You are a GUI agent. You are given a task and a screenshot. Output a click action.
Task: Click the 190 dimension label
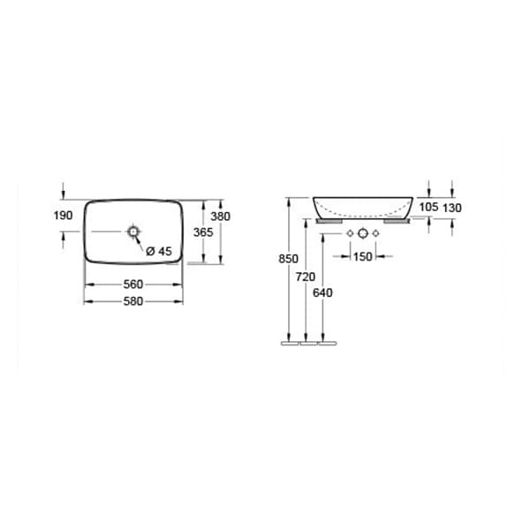click(64, 216)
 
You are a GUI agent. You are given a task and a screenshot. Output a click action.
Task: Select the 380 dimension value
click(220, 216)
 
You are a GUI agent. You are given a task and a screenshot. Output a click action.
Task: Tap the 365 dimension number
click(203, 232)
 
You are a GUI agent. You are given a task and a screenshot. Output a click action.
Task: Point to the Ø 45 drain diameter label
click(159, 251)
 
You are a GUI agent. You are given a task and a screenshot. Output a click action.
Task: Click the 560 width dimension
click(133, 284)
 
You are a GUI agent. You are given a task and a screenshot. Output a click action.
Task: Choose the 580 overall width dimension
click(133, 301)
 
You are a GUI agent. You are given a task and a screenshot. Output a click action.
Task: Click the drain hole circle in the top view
click(133, 231)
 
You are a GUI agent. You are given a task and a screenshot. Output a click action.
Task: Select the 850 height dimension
click(288, 259)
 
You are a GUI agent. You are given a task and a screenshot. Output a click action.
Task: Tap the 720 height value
click(306, 276)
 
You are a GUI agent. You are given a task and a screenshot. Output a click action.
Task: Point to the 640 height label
click(322, 292)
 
